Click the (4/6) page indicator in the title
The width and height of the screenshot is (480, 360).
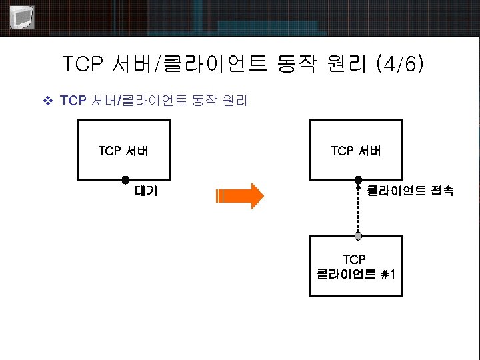click(399, 65)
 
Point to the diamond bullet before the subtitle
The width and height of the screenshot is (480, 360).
click(47, 101)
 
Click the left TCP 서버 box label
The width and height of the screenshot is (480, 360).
click(123, 151)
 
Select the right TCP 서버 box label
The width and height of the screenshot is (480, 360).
click(356, 151)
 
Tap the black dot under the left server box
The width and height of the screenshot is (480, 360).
click(125, 180)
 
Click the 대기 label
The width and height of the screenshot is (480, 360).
click(146, 191)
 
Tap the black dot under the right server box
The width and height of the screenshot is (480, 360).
click(358, 180)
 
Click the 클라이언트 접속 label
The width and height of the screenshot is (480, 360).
click(411, 191)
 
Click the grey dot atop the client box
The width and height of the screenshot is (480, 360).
click(358, 236)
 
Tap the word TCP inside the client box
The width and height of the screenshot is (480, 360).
click(355, 259)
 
